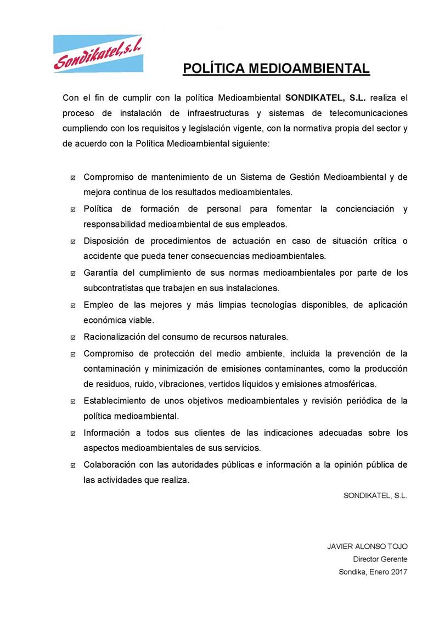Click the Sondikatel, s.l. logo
point(98,53)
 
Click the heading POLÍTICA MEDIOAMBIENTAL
point(276,69)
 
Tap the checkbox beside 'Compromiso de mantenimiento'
point(73,178)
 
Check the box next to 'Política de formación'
point(73,209)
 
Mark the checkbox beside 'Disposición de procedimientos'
point(73,241)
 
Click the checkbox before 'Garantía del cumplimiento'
point(73,273)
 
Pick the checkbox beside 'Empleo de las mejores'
point(73,305)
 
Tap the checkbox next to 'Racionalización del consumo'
point(73,337)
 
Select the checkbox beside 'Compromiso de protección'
point(73,354)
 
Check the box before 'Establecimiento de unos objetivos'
point(73,401)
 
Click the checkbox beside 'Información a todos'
point(73,433)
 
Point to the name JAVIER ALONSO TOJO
point(367,547)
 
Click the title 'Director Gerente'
point(380,559)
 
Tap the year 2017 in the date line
point(398,572)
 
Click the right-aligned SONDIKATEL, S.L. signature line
point(375,495)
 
